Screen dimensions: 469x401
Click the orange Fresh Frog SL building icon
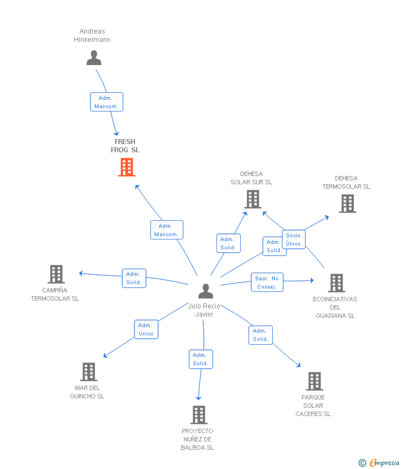[127, 167]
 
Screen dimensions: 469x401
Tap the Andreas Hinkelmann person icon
[94, 58]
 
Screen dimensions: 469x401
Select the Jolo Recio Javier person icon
[205, 291]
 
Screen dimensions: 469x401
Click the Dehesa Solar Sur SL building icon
[253, 199]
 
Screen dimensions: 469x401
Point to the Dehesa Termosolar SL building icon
[347, 204]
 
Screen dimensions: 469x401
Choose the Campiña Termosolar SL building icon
[56, 274]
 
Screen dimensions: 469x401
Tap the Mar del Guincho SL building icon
[88, 372]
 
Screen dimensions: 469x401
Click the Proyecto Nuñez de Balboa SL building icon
[198, 415]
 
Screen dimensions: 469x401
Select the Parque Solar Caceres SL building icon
[314, 381]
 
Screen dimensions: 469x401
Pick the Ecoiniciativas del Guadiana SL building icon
[336, 283]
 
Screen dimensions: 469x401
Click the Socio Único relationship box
[294, 239]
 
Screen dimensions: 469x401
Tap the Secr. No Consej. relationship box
[267, 283]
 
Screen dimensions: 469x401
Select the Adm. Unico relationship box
[147, 329]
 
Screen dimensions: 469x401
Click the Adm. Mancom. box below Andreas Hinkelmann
[106, 102]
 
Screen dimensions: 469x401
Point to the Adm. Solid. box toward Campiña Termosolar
[134, 278]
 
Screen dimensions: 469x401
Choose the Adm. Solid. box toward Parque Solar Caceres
[260, 335]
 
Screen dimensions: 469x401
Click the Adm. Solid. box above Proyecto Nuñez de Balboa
[201, 359]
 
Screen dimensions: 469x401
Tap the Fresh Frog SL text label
[125, 146]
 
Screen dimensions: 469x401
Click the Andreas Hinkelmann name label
[93, 35]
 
